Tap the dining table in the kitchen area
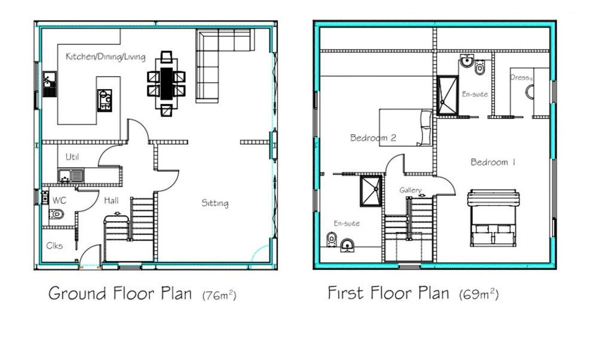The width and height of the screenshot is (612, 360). coord(166,84)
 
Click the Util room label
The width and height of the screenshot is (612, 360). coord(72,157)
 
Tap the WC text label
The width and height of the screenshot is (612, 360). coord(59,200)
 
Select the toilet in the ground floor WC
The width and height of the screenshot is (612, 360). coord(56,214)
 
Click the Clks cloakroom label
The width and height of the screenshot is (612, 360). coord(54,245)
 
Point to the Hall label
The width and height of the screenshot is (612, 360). coord(112,200)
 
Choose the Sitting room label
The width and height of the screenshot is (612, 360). coord(215,203)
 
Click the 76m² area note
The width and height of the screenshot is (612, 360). coord(219,295)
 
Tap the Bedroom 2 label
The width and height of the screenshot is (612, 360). coord(373,138)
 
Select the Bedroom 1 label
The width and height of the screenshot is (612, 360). coord(493,162)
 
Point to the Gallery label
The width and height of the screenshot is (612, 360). coord(411,190)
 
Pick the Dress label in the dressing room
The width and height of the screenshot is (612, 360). coord(521,78)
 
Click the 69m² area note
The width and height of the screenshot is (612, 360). coord(479,294)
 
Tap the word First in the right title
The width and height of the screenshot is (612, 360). coord(345,293)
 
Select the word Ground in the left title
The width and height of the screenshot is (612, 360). coord(76,294)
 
